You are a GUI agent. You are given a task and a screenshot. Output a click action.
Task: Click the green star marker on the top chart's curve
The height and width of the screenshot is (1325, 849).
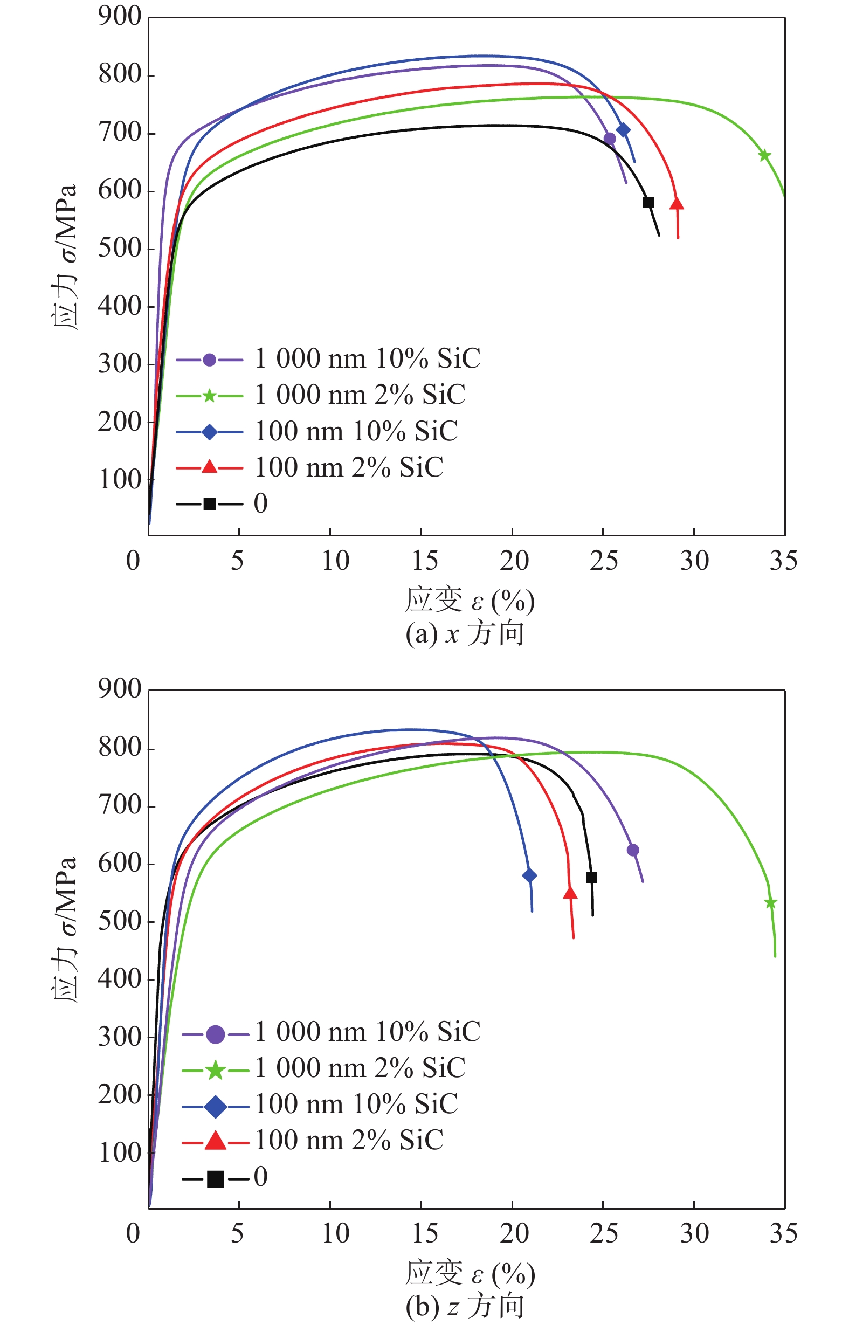[x=764, y=155]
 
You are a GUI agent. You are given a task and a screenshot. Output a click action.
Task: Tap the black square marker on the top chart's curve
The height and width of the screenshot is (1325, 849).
[x=648, y=202]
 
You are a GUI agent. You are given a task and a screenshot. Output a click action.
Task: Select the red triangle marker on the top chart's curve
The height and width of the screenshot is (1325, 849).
[x=677, y=203]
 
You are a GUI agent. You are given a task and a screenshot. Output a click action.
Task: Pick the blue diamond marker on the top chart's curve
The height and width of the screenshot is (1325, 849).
[x=623, y=129]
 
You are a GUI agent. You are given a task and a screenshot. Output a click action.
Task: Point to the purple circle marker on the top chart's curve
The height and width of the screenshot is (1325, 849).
[x=610, y=139]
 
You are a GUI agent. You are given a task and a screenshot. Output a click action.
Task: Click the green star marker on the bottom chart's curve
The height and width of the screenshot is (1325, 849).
[x=771, y=903]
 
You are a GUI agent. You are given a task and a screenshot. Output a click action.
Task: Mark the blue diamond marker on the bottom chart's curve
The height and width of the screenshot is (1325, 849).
[x=529, y=875]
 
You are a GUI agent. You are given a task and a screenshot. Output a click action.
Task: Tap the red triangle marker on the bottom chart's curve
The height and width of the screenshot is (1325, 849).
[x=571, y=893]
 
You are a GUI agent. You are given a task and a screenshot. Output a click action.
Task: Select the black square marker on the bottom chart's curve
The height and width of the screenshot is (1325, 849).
[x=591, y=877]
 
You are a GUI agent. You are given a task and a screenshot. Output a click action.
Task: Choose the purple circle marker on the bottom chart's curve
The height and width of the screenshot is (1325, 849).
[x=633, y=850]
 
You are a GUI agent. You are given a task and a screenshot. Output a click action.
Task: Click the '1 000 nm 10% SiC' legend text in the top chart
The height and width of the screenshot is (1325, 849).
[x=367, y=359]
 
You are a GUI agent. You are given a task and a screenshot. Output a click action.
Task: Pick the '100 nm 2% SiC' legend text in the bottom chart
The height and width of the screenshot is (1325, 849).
[x=349, y=1140]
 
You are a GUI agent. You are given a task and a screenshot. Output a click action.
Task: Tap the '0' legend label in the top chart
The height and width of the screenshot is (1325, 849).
[x=261, y=503]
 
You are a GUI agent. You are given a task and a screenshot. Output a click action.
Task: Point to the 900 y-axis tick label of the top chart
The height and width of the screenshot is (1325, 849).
[x=120, y=17]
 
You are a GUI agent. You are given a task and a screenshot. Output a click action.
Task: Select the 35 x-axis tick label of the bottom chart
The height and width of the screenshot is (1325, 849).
[x=783, y=1233]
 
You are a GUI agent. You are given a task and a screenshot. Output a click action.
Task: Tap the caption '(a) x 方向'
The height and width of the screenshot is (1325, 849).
[x=464, y=634]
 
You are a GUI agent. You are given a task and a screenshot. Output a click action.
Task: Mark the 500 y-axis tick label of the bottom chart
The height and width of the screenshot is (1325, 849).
[x=120, y=922]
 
